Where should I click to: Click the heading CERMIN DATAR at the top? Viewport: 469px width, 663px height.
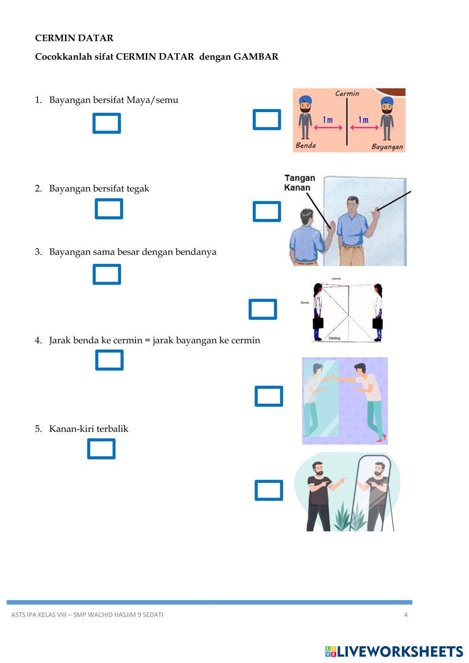(x=74, y=38)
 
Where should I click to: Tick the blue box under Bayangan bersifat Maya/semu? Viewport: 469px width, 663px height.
(x=107, y=123)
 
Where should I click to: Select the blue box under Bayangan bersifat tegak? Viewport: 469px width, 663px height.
(x=109, y=209)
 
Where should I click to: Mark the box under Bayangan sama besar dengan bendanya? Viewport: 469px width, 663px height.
(x=107, y=274)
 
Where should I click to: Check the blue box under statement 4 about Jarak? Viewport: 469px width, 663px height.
(x=109, y=360)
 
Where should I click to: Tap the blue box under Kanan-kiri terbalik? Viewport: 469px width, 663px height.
(x=101, y=449)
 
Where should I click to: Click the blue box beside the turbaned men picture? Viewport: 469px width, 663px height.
(x=267, y=120)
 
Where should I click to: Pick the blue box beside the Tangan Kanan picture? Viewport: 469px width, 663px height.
(x=267, y=211)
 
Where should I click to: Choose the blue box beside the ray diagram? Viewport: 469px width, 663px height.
(x=263, y=309)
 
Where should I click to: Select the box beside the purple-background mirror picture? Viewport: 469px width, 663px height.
(x=269, y=396)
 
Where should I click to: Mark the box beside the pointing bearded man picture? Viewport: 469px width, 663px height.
(x=269, y=490)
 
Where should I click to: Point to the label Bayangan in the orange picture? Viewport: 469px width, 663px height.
(x=387, y=147)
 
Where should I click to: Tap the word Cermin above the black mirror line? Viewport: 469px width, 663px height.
(x=347, y=93)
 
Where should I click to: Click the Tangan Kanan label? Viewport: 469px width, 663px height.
(x=300, y=183)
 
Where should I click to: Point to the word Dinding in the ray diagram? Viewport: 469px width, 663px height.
(x=334, y=338)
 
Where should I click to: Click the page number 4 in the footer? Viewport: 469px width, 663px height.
(x=406, y=615)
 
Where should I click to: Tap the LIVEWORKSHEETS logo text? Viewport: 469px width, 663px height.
(x=400, y=651)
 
